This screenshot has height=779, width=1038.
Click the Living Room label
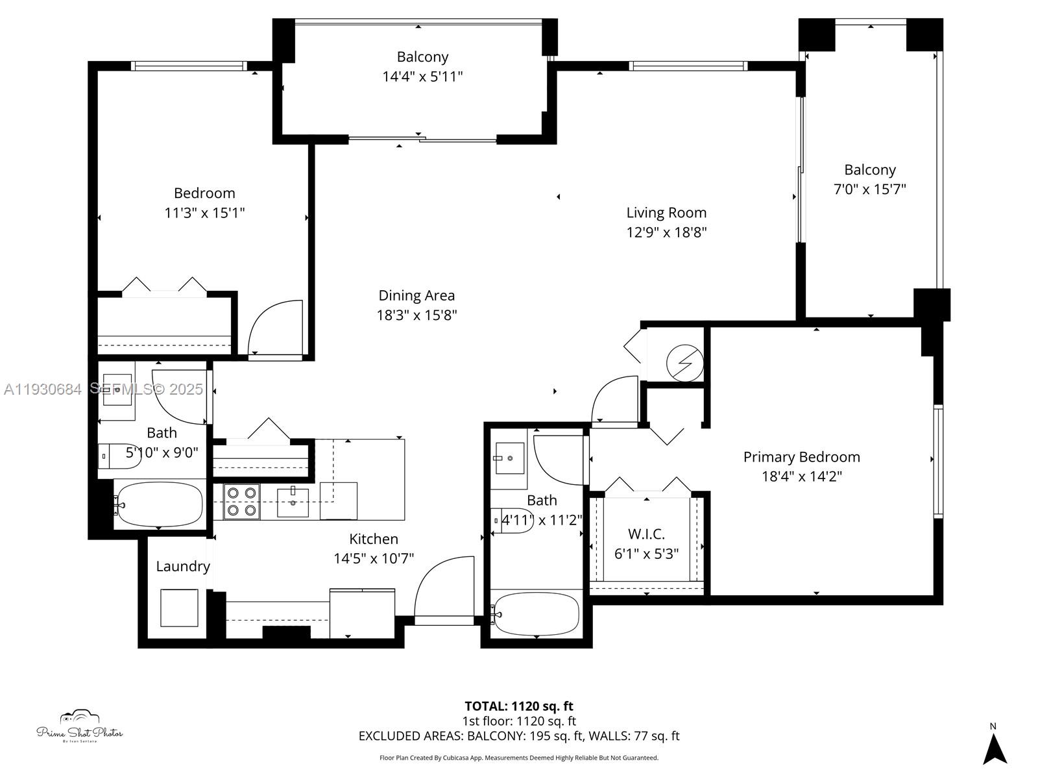click(x=666, y=213)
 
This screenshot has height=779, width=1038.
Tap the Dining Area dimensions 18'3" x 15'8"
click(x=416, y=315)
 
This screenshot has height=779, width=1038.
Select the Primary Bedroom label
click(x=801, y=457)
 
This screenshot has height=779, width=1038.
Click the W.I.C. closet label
click(x=646, y=534)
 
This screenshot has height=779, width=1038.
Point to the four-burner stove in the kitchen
click(x=241, y=502)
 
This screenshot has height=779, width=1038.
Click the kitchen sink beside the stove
click(x=293, y=502)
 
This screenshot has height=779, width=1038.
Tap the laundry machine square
click(x=179, y=608)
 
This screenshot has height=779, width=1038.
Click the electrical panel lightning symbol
click(x=685, y=364)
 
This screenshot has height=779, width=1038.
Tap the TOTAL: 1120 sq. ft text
click(x=518, y=706)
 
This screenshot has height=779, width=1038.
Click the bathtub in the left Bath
click(x=159, y=504)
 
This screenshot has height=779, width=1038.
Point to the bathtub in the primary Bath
click(x=536, y=613)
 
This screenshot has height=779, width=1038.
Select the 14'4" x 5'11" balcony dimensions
click(x=422, y=77)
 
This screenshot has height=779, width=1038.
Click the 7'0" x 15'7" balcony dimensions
click(x=869, y=190)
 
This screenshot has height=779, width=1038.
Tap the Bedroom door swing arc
click(x=276, y=328)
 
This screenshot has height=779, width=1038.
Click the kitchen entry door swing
click(x=444, y=587)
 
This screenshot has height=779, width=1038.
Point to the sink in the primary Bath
click(x=509, y=458)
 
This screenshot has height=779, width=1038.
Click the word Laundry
click(x=183, y=566)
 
